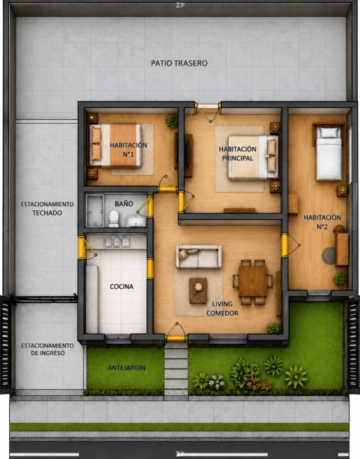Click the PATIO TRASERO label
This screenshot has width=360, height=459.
(x=179, y=64)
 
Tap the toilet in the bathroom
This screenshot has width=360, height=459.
(x=114, y=218)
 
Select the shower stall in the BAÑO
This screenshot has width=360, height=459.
(x=95, y=210)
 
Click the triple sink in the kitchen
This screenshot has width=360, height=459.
(x=116, y=242)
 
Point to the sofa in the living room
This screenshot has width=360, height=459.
(x=198, y=257)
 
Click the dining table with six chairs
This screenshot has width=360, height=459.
(x=253, y=282)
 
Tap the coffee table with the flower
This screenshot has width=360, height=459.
(x=198, y=290)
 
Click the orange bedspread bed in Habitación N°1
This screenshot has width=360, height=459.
(x=115, y=145)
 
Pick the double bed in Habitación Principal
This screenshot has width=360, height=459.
(x=253, y=157)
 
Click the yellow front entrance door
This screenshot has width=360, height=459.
(x=176, y=338)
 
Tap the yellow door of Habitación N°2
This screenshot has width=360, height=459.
(x=284, y=245)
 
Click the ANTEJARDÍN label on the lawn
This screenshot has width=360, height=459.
(x=126, y=368)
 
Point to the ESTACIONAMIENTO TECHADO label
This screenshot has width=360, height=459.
(x=47, y=208)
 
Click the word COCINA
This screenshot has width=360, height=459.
(x=121, y=287)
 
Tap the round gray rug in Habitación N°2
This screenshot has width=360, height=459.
(x=329, y=256)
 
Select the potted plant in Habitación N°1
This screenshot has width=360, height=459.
(x=172, y=121)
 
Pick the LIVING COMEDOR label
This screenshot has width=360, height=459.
(x=222, y=309)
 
